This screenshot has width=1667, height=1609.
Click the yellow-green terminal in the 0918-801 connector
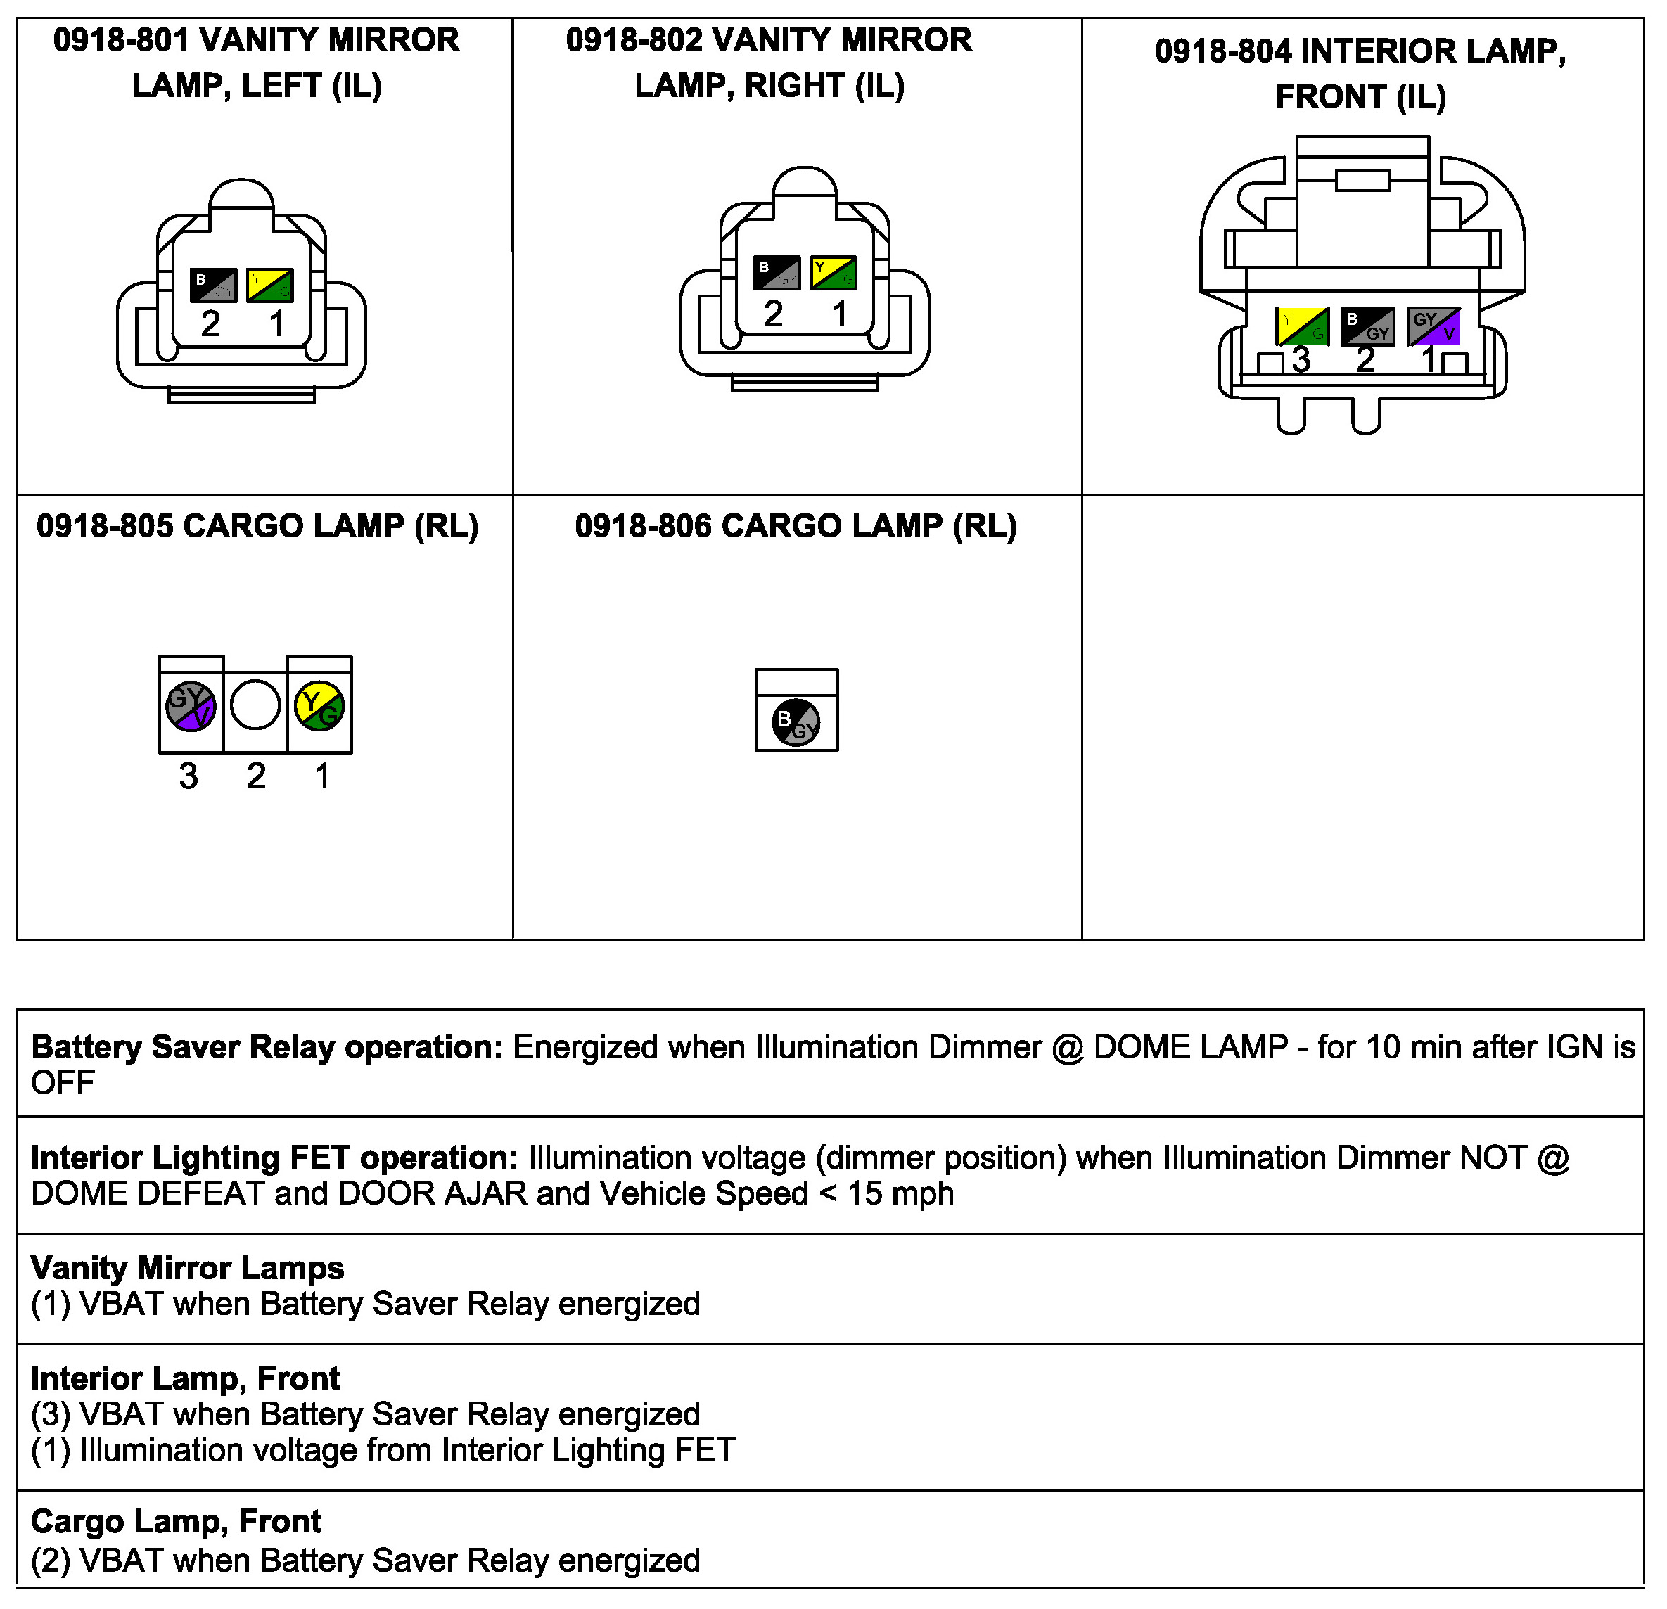(x=271, y=285)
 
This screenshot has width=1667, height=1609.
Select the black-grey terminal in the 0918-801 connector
(x=212, y=285)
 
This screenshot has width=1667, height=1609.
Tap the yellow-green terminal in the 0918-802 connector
(x=833, y=272)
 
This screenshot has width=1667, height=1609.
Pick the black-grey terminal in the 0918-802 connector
(x=777, y=272)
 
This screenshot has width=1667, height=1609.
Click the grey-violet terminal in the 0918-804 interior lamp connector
(x=1434, y=326)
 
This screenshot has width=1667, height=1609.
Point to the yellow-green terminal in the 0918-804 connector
(x=1302, y=326)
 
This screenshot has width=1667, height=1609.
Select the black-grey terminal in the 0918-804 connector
(x=1367, y=326)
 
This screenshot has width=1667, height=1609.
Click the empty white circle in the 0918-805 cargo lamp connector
(x=255, y=705)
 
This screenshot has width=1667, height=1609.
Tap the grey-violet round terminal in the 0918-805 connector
(x=191, y=706)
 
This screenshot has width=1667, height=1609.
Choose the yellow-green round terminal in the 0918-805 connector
(x=320, y=706)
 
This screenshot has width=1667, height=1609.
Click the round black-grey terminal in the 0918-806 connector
(x=796, y=723)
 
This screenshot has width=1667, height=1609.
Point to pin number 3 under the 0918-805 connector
(x=189, y=776)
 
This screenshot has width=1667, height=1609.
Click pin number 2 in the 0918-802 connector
(x=773, y=314)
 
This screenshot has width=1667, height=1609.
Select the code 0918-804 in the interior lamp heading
(x=1222, y=52)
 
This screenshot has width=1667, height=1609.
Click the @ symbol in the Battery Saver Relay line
(x=1068, y=1048)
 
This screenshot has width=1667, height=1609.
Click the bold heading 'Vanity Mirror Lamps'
(x=187, y=1268)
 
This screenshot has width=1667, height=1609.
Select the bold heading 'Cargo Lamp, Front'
(x=176, y=1521)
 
